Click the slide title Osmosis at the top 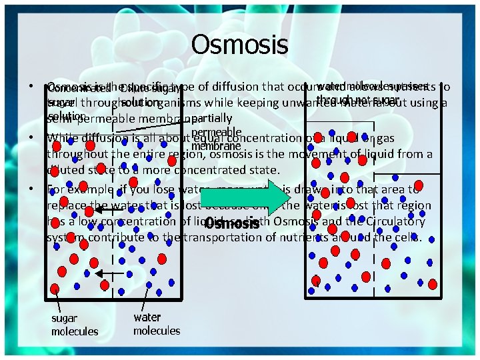pyautogui.click(x=239, y=45)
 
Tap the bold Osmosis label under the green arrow pyautogui.click(x=231, y=224)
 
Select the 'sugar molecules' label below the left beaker pyautogui.click(x=75, y=325)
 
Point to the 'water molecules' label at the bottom pyautogui.click(x=157, y=324)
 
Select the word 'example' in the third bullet pyautogui.click(x=90, y=189)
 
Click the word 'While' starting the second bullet pyautogui.click(x=63, y=138)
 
